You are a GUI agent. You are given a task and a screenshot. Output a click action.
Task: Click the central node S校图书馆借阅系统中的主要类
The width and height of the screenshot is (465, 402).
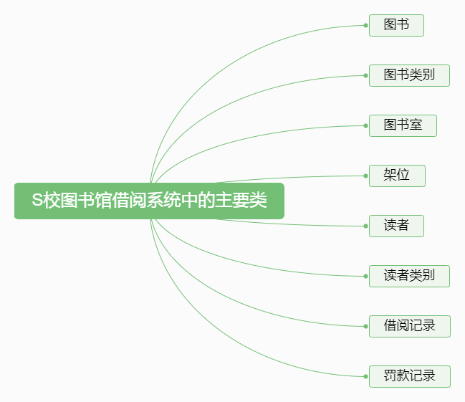click(x=149, y=201)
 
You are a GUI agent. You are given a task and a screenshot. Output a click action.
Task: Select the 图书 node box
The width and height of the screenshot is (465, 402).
click(x=396, y=25)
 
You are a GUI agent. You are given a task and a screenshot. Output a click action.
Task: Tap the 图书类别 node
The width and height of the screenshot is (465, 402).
click(x=409, y=75)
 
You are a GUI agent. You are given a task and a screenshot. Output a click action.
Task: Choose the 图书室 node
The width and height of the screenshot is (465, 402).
click(x=403, y=125)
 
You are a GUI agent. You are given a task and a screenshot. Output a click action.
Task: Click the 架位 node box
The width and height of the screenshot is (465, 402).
click(x=397, y=176)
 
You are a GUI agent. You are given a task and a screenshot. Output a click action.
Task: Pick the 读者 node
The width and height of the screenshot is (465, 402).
click(x=396, y=226)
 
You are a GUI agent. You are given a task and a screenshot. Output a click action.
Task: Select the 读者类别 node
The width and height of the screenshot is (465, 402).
click(x=409, y=276)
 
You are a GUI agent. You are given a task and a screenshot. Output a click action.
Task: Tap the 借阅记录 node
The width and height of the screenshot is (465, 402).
click(x=409, y=326)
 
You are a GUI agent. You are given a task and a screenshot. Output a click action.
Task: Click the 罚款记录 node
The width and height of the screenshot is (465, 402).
click(x=409, y=376)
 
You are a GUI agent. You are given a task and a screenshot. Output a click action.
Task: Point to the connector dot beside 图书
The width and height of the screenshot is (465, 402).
click(x=365, y=25)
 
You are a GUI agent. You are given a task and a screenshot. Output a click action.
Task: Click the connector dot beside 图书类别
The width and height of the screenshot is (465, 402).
click(x=365, y=75)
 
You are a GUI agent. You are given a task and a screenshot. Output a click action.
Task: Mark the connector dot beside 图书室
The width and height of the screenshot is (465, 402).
click(x=365, y=125)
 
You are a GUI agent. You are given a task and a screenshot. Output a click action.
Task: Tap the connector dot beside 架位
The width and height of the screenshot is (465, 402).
click(x=365, y=176)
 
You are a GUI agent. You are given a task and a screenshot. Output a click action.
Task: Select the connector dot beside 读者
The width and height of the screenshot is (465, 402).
click(x=365, y=226)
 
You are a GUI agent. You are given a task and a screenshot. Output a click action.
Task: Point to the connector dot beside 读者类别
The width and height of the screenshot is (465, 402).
click(x=365, y=276)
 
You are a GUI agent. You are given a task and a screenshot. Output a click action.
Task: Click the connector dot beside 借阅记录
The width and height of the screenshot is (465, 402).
click(x=365, y=326)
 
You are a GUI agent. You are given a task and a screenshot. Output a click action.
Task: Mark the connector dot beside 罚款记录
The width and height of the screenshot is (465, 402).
click(x=365, y=376)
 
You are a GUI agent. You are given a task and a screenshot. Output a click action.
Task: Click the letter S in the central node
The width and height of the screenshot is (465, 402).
click(x=37, y=201)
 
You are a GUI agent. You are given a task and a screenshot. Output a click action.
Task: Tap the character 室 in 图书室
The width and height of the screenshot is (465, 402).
click(x=416, y=125)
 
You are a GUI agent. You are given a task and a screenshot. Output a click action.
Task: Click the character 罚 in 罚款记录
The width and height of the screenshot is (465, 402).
click(x=390, y=376)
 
